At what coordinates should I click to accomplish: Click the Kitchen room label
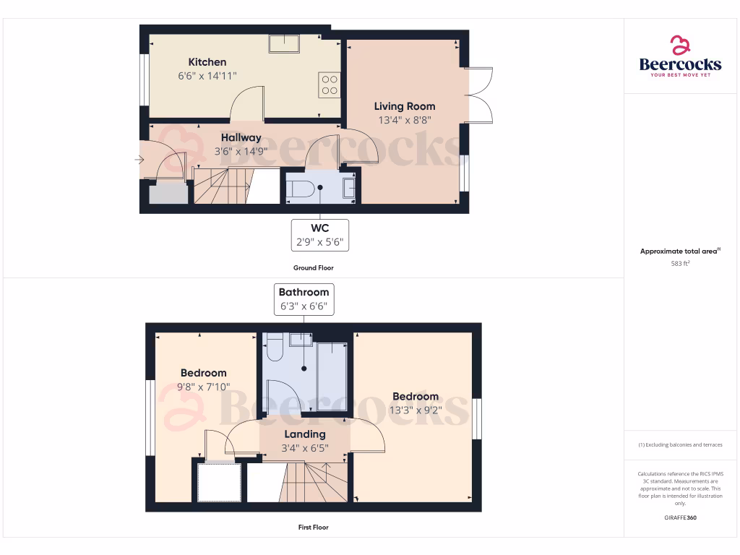coord(207,62)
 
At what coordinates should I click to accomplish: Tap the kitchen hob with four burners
coord(329,85)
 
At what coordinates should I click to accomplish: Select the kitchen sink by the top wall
coord(286,44)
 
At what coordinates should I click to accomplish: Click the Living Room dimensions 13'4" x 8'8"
coord(404,121)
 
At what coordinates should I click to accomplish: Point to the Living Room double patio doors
coord(479,94)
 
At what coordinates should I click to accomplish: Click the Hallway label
coord(241,138)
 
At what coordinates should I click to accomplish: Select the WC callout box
coord(319,236)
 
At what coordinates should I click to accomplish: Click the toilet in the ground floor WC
coord(300,189)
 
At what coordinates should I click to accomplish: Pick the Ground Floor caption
coord(313,268)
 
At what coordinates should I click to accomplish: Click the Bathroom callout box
coord(304,299)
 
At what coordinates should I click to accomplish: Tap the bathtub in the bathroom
coord(332,377)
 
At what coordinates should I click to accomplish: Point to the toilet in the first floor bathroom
coord(273,348)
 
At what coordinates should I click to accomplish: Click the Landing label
coord(304,434)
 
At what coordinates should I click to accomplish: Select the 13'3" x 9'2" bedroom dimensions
coord(416,410)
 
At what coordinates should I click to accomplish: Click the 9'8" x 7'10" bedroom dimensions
coord(203,387)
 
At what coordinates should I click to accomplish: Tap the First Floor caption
coord(313,528)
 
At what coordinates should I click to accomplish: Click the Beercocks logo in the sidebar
coord(679,57)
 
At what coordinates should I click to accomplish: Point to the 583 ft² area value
coord(679,264)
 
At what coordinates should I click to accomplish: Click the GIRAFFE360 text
coord(679,518)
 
